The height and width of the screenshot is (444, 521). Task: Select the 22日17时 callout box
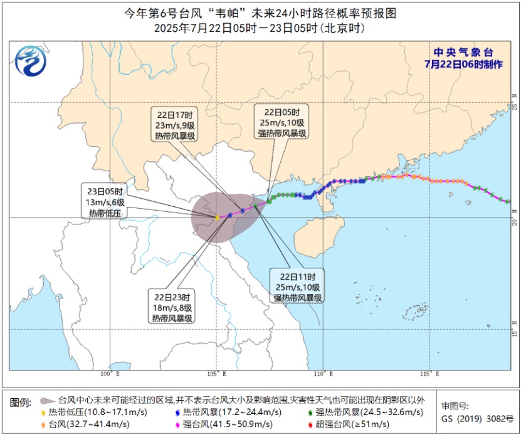point(174,125)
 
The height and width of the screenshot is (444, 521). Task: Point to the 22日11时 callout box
point(298,287)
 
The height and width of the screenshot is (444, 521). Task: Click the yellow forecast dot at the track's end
point(217,218)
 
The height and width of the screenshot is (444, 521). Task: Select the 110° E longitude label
point(322,374)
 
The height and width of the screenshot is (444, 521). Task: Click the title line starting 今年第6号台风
point(260,13)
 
